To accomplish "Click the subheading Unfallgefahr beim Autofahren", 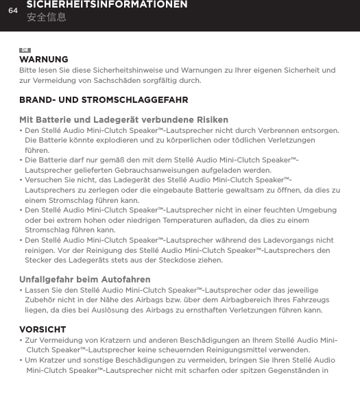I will (85, 280).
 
